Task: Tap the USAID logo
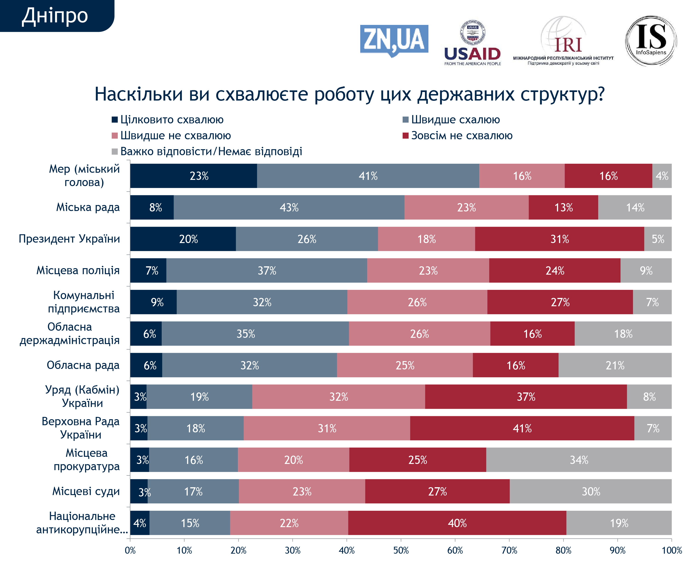point(472,43)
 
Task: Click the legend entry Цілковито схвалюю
point(168,119)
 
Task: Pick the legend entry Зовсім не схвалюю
point(457,135)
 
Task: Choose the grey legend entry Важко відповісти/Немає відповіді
point(207,151)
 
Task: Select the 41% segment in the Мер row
point(368,176)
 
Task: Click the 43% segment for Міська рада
point(289,208)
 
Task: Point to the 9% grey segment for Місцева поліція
point(646,270)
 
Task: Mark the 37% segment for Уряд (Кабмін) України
point(526,397)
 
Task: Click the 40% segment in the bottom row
point(457,523)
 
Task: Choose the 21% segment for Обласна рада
point(615,365)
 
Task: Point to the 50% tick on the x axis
point(401,550)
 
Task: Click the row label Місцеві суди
point(86,491)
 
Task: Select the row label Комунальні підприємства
point(84,302)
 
